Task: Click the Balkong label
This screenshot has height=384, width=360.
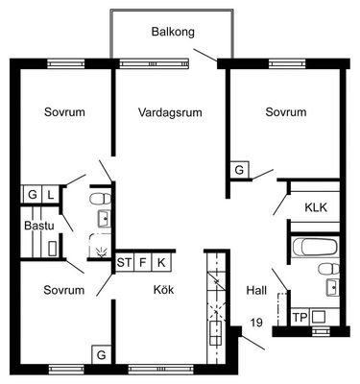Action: click(173, 32)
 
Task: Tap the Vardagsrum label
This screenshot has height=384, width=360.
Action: click(170, 112)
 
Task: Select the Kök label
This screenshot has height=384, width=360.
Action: click(163, 290)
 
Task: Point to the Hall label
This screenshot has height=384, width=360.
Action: click(256, 291)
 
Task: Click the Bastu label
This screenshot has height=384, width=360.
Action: click(39, 226)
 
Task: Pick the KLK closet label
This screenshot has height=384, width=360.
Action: click(316, 207)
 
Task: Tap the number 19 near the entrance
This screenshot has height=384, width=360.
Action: click(256, 322)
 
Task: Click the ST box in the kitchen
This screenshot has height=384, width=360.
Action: click(124, 263)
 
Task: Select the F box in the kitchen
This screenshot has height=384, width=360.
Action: click(143, 263)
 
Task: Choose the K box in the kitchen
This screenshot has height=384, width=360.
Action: click(161, 263)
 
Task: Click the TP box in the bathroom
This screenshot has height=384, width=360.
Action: click(300, 318)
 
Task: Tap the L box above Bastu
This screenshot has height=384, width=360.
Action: click(51, 195)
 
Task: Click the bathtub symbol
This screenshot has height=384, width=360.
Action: click(315, 247)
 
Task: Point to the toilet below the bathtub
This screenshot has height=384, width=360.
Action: click(329, 269)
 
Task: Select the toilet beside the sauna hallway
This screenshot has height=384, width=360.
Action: click(101, 199)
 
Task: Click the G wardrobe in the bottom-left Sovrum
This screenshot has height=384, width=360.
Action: click(102, 354)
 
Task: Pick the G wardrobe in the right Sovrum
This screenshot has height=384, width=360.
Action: click(239, 170)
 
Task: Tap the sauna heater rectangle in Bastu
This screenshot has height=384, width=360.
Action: click(52, 249)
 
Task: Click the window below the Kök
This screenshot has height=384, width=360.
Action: click(161, 370)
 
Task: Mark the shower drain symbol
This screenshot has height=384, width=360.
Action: click(102, 252)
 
